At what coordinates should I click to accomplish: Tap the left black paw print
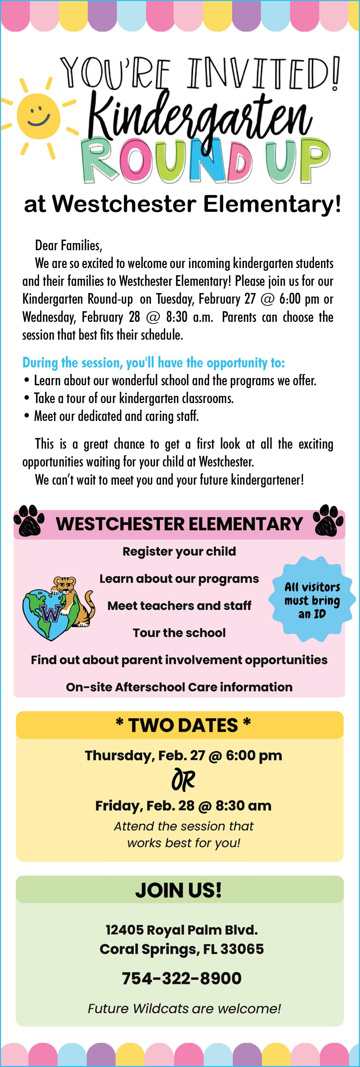click(x=29, y=520)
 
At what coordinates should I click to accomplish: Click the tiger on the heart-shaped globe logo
click(x=70, y=596)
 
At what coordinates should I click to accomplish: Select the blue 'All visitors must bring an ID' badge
click(x=312, y=600)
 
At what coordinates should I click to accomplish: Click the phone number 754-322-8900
click(x=181, y=978)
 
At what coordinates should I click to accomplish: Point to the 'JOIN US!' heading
click(x=179, y=890)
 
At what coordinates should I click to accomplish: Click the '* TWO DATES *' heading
click(x=183, y=725)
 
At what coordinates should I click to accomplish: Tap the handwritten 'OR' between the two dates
click(x=183, y=780)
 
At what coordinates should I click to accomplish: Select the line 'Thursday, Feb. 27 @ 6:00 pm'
click(x=183, y=755)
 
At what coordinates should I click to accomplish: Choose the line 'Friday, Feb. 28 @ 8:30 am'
click(x=183, y=805)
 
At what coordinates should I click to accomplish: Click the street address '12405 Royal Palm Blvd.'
click(x=181, y=930)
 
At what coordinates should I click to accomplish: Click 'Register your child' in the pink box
click(x=179, y=551)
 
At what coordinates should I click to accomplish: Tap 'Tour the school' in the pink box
click(x=179, y=632)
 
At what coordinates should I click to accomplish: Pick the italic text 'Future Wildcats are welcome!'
click(x=184, y=1008)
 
